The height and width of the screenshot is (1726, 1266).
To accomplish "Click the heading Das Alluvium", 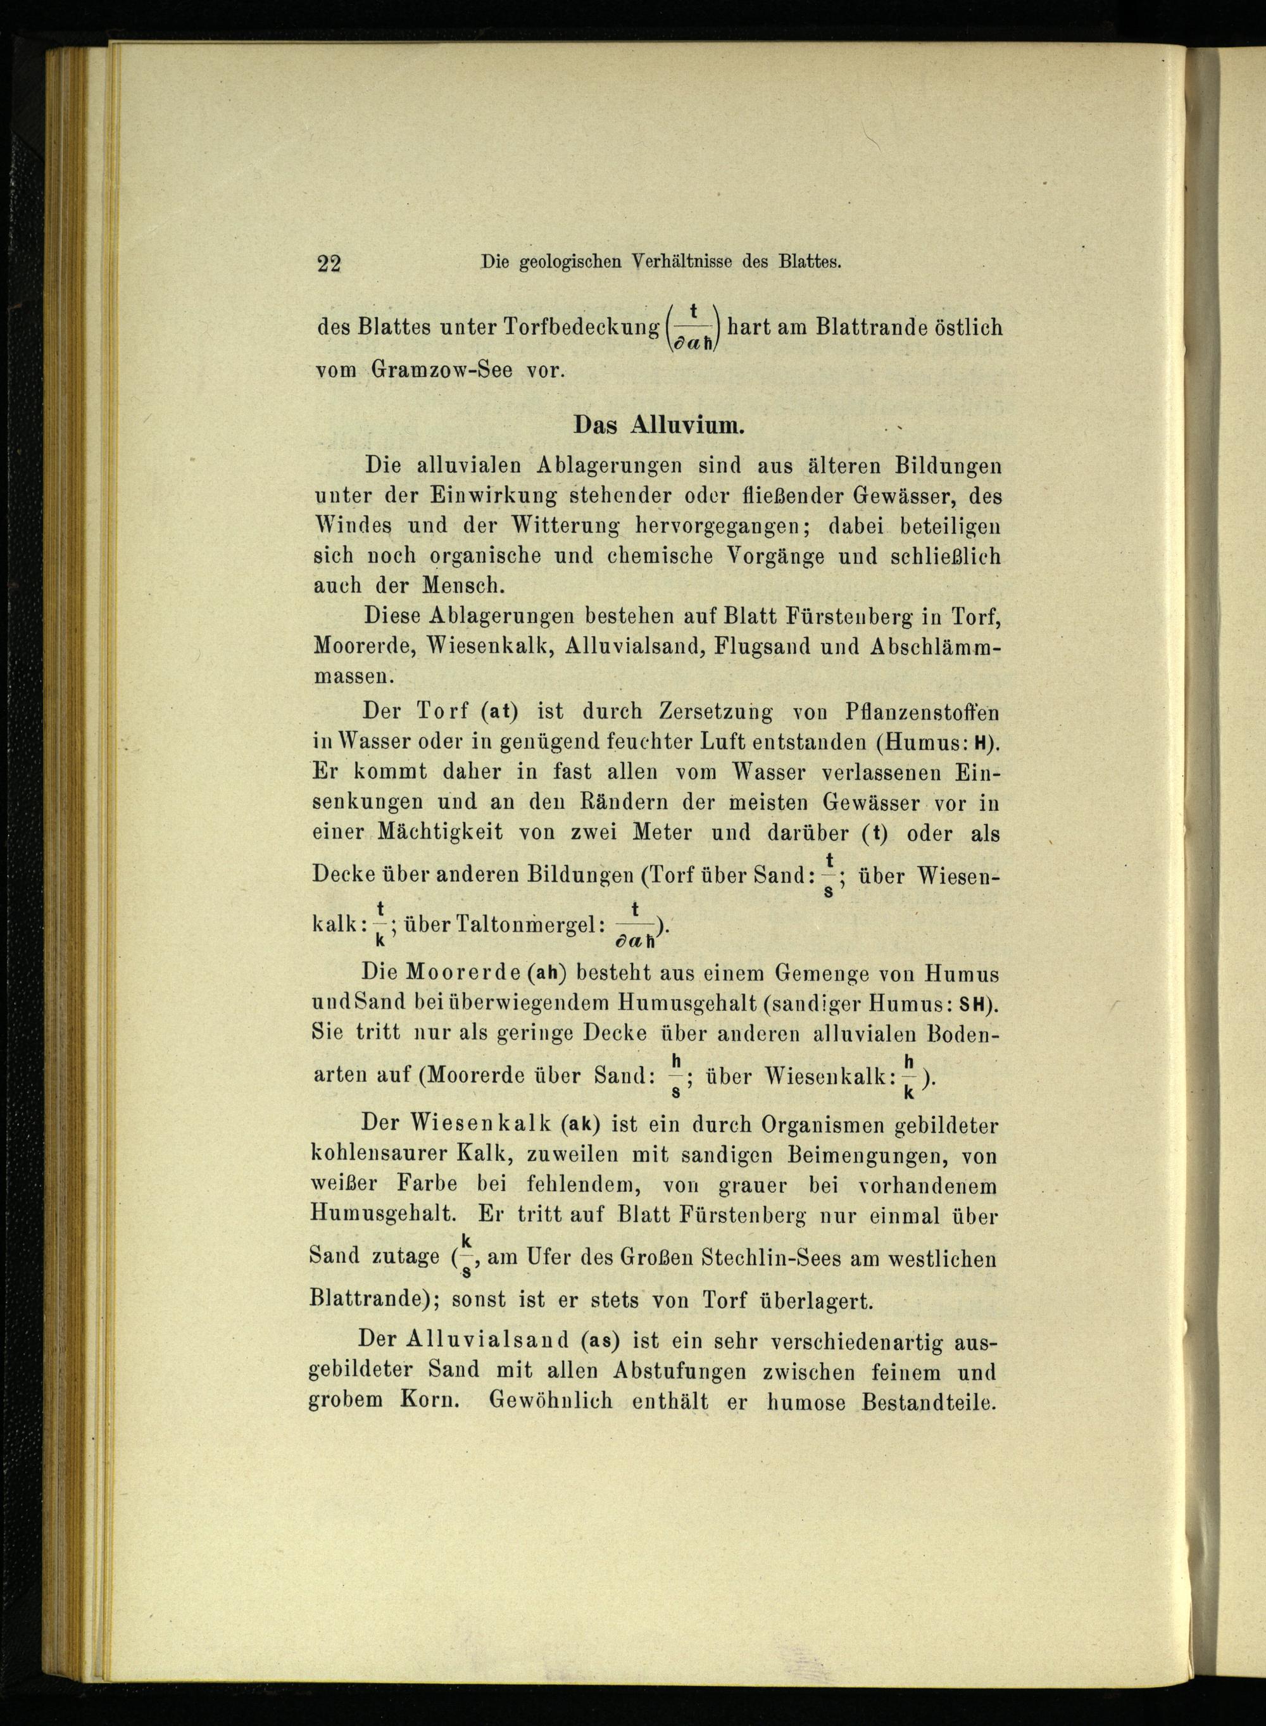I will point(658,425).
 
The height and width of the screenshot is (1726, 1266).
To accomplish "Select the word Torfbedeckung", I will point(581,327).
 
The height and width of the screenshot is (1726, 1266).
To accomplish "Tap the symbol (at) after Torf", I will point(501,711).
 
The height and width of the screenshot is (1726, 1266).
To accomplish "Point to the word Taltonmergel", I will point(536,924).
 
